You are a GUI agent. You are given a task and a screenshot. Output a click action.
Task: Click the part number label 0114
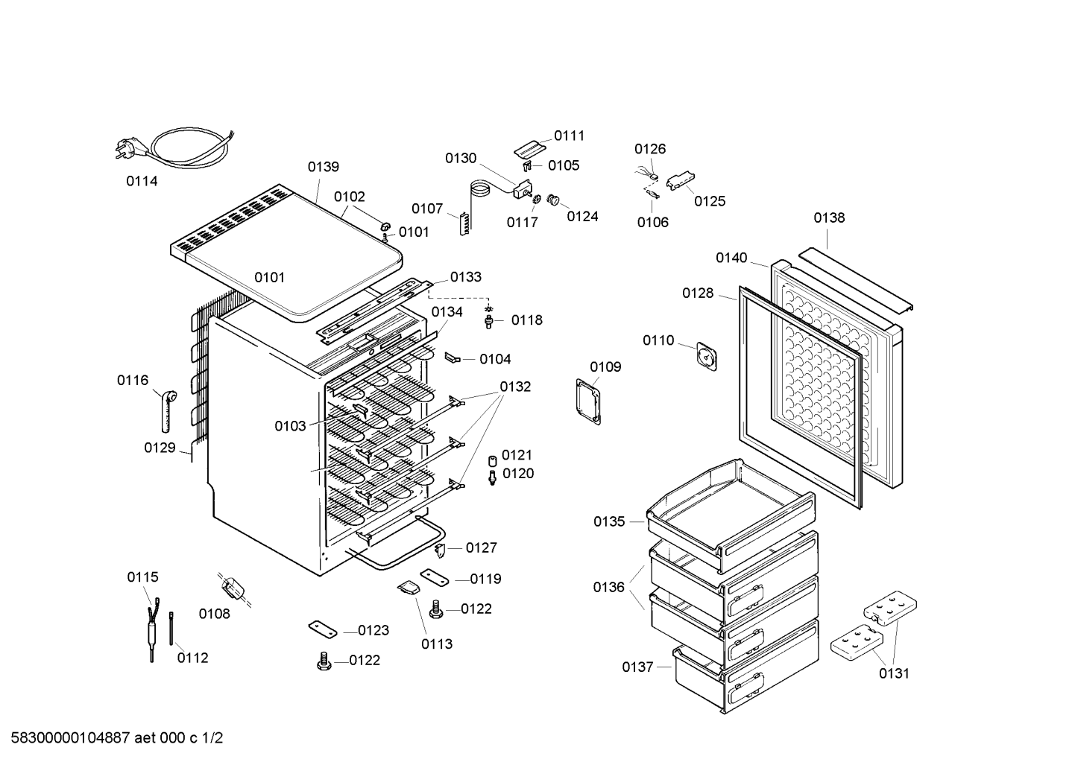[x=142, y=181]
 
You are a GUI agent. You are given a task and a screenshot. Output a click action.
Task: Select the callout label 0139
[x=324, y=167]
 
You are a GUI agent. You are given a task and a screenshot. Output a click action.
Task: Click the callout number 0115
[x=142, y=577]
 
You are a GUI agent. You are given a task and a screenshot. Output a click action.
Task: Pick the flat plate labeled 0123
[x=323, y=629]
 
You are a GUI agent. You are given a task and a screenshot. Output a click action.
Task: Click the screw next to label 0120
[x=492, y=477]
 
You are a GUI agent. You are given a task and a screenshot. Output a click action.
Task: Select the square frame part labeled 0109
[x=588, y=401]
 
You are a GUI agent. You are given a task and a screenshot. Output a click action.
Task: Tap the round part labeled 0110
[x=707, y=355]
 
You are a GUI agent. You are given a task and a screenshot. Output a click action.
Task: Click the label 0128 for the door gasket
[x=698, y=293]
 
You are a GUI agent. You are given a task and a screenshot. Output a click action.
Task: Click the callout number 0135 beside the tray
[x=609, y=521]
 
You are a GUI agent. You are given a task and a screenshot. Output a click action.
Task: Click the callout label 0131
[x=894, y=673]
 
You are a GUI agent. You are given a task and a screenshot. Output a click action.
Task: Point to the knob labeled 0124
[x=553, y=200]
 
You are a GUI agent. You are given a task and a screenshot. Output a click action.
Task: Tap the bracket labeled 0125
[x=679, y=181]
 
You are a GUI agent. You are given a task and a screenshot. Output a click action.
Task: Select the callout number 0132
[x=515, y=387]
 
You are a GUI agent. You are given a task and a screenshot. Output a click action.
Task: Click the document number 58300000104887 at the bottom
[x=66, y=739]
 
